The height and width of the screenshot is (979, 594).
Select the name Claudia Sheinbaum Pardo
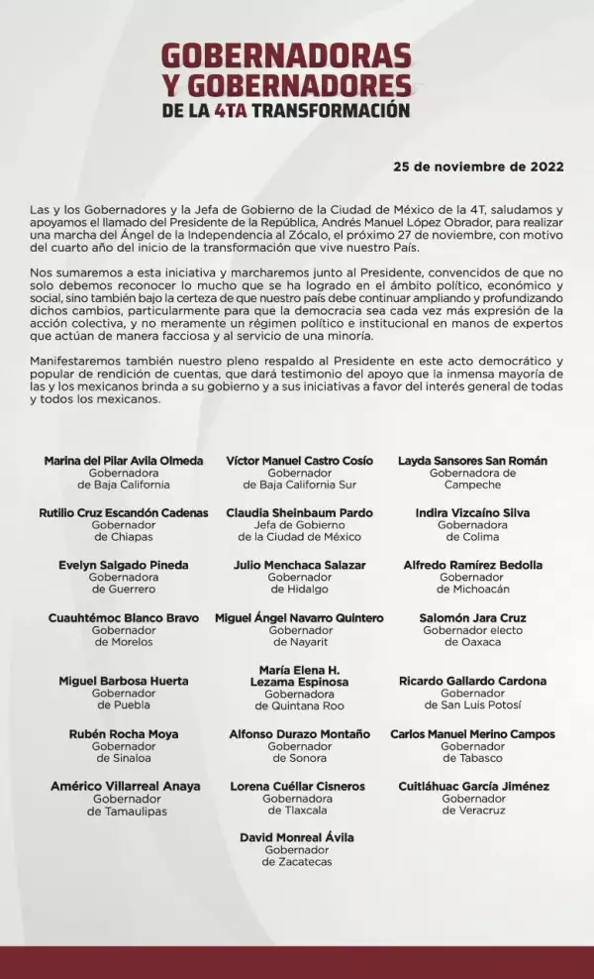click(x=298, y=513)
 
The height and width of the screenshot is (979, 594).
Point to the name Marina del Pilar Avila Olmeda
click(x=124, y=461)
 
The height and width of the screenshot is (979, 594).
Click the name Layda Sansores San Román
click(x=472, y=461)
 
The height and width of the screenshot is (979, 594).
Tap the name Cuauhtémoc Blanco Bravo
click(x=124, y=618)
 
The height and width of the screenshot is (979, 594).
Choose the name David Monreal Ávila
click(x=297, y=838)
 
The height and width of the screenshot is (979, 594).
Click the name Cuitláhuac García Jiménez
click(x=473, y=787)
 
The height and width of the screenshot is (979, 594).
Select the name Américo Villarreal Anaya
click(x=126, y=787)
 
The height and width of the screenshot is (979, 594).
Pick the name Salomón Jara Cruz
click(x=472, y=618)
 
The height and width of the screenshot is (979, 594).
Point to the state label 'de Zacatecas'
click(x=297, y=862)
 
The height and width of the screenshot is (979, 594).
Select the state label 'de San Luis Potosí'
click(x=472, y=706)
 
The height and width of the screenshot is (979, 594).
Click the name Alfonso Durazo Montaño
click(x=299, y=735)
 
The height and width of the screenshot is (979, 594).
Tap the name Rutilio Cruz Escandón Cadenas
click(x=124, y=513)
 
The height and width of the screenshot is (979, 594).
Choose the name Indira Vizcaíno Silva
click(x=472, y=513)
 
